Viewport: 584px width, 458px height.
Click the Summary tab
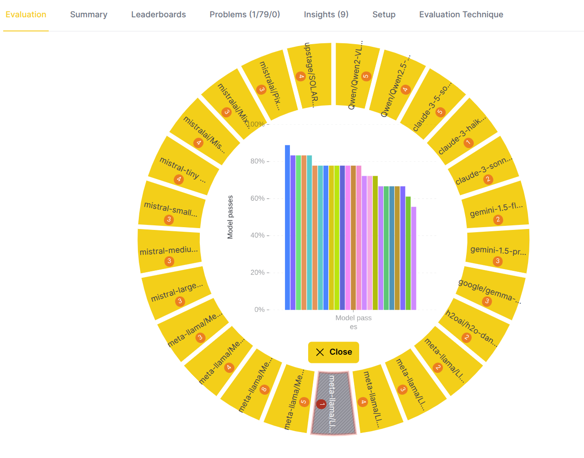point(89,15)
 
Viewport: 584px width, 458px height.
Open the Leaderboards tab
point(158,15)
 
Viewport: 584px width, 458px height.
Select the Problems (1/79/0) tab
point(245,15)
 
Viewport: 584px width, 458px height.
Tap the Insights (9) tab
point(326,15)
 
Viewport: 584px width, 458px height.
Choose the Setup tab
point(384,15)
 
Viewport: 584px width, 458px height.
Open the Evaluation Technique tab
point(461,15)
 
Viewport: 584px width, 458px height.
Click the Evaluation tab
point(26,15)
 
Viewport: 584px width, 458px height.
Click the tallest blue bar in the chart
point(287,228)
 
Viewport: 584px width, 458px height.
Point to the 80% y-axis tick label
point(258,161)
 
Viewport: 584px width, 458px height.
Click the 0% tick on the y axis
point(259,310)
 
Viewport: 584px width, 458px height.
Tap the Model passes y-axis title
point(230,217)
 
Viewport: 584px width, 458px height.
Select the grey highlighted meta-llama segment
point(334,403)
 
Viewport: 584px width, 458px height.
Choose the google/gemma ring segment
point(490,291)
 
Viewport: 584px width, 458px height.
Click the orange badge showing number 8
point(264,389)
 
